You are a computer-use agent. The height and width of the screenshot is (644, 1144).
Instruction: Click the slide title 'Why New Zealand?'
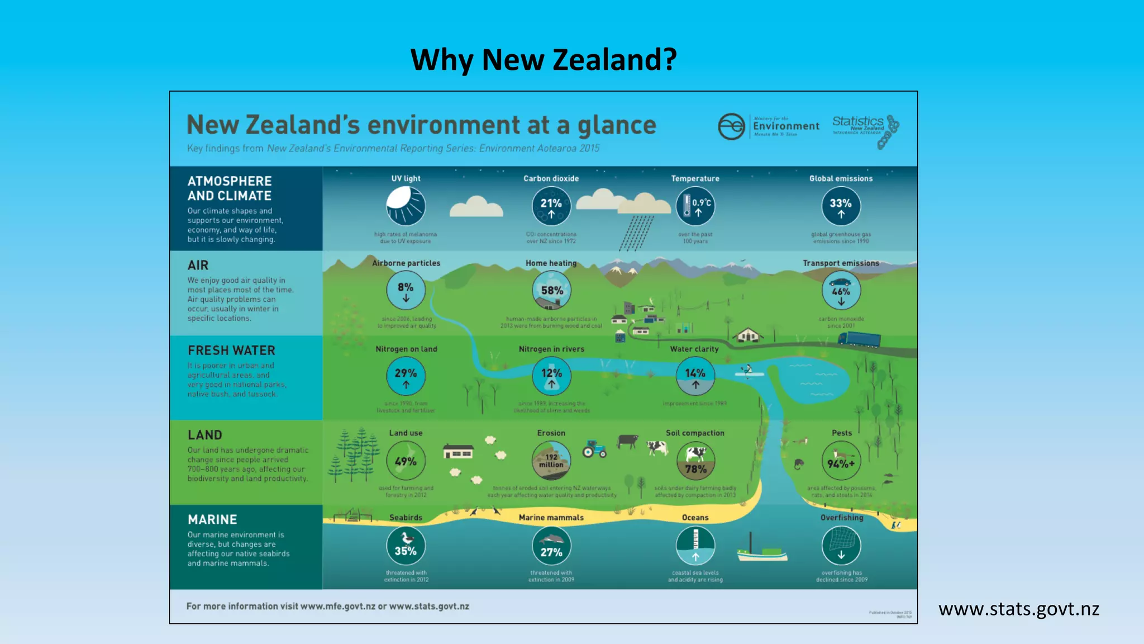[x=544, y=59]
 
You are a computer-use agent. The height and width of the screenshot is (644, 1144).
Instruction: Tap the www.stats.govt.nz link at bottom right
[x=1018, y=609]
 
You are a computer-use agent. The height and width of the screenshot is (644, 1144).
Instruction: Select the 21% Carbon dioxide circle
[x=551, y=206]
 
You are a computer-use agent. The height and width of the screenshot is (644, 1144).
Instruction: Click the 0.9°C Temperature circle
[x=695, y=206]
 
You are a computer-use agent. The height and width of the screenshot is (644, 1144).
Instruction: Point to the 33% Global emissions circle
[x=841, y=206]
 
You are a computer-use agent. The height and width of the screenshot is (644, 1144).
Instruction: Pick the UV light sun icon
[x=406, y=206]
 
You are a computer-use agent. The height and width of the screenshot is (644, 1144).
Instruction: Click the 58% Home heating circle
[x=551, y=290]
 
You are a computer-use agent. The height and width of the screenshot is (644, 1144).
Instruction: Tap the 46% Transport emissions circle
[x=841, y=290]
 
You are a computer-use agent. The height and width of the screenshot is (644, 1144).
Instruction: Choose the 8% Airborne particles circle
[x=406, y=290]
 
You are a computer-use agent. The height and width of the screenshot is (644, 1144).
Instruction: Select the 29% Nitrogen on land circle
[x=406, y=376]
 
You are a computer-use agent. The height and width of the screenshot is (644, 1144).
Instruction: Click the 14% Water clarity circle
[x=695, y=376]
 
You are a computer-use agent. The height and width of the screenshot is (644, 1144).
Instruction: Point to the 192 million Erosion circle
[x=551, y=461]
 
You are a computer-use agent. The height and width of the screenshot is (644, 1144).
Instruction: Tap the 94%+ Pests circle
[x=841, y=461]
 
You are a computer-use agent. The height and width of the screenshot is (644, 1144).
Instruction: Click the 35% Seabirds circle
[x=406, y=546]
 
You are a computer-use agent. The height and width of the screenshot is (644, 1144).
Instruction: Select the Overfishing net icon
[x=841, y=546]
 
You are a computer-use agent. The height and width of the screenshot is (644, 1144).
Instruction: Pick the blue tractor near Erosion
[x=594, y=449]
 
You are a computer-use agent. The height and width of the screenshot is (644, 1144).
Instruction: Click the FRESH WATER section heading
[x=231, y=351]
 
